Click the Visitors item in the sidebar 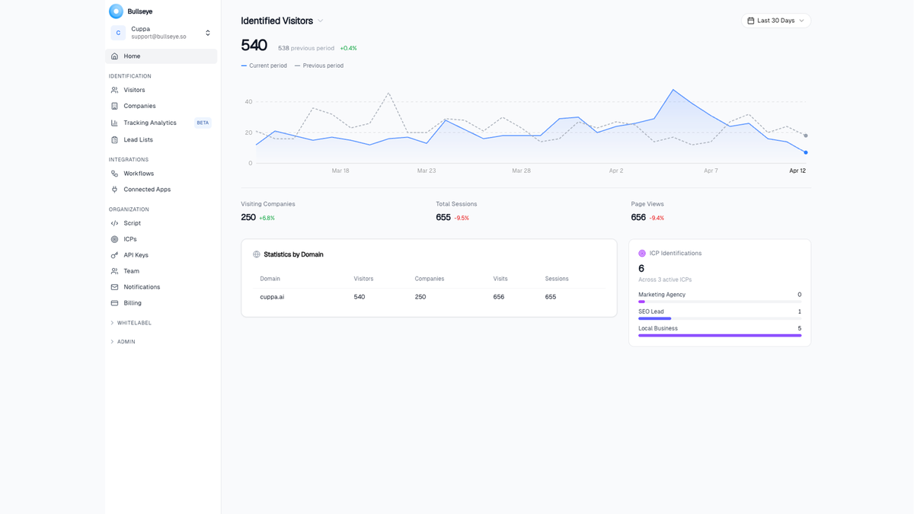click(x=134, y=90)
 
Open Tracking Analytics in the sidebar click(x=149, y=123)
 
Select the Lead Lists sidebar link click(x=138, y=140)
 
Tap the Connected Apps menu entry click(x=147, y=190)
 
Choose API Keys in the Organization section click(x=136, y=255)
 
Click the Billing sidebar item click(x=133, y=303)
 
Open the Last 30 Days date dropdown click(x=775, y=21)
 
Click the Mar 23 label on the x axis click(x=427, y=171)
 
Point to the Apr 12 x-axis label click(x=797, y=171)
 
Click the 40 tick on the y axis click(x=248, y=102)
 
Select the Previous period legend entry click(x=322, y=65)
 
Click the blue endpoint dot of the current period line click(x=806, y=152)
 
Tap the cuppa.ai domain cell click(x=272, y=297)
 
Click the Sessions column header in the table click(x=557, y=279)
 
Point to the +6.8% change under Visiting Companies click(x=267, y=219)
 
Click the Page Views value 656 click(x=638, y=218)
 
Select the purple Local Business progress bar click(x=719, y=335)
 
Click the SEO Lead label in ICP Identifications click(x=651, y=311)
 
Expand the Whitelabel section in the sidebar click(x=133, y=323)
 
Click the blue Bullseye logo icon click(x=116, y=11)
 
